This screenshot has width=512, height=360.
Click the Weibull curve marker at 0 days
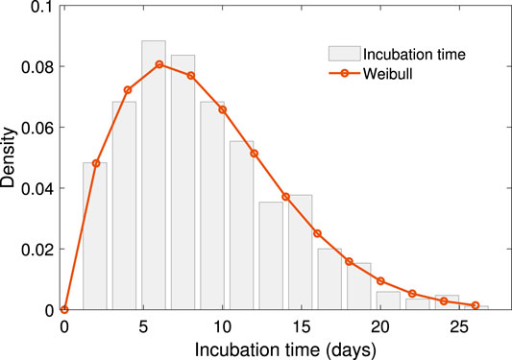click(64, 310)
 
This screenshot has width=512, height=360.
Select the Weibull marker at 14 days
click(285, 197)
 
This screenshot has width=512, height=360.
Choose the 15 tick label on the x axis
click(302, 324)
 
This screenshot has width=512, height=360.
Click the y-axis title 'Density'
click(10, 158)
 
